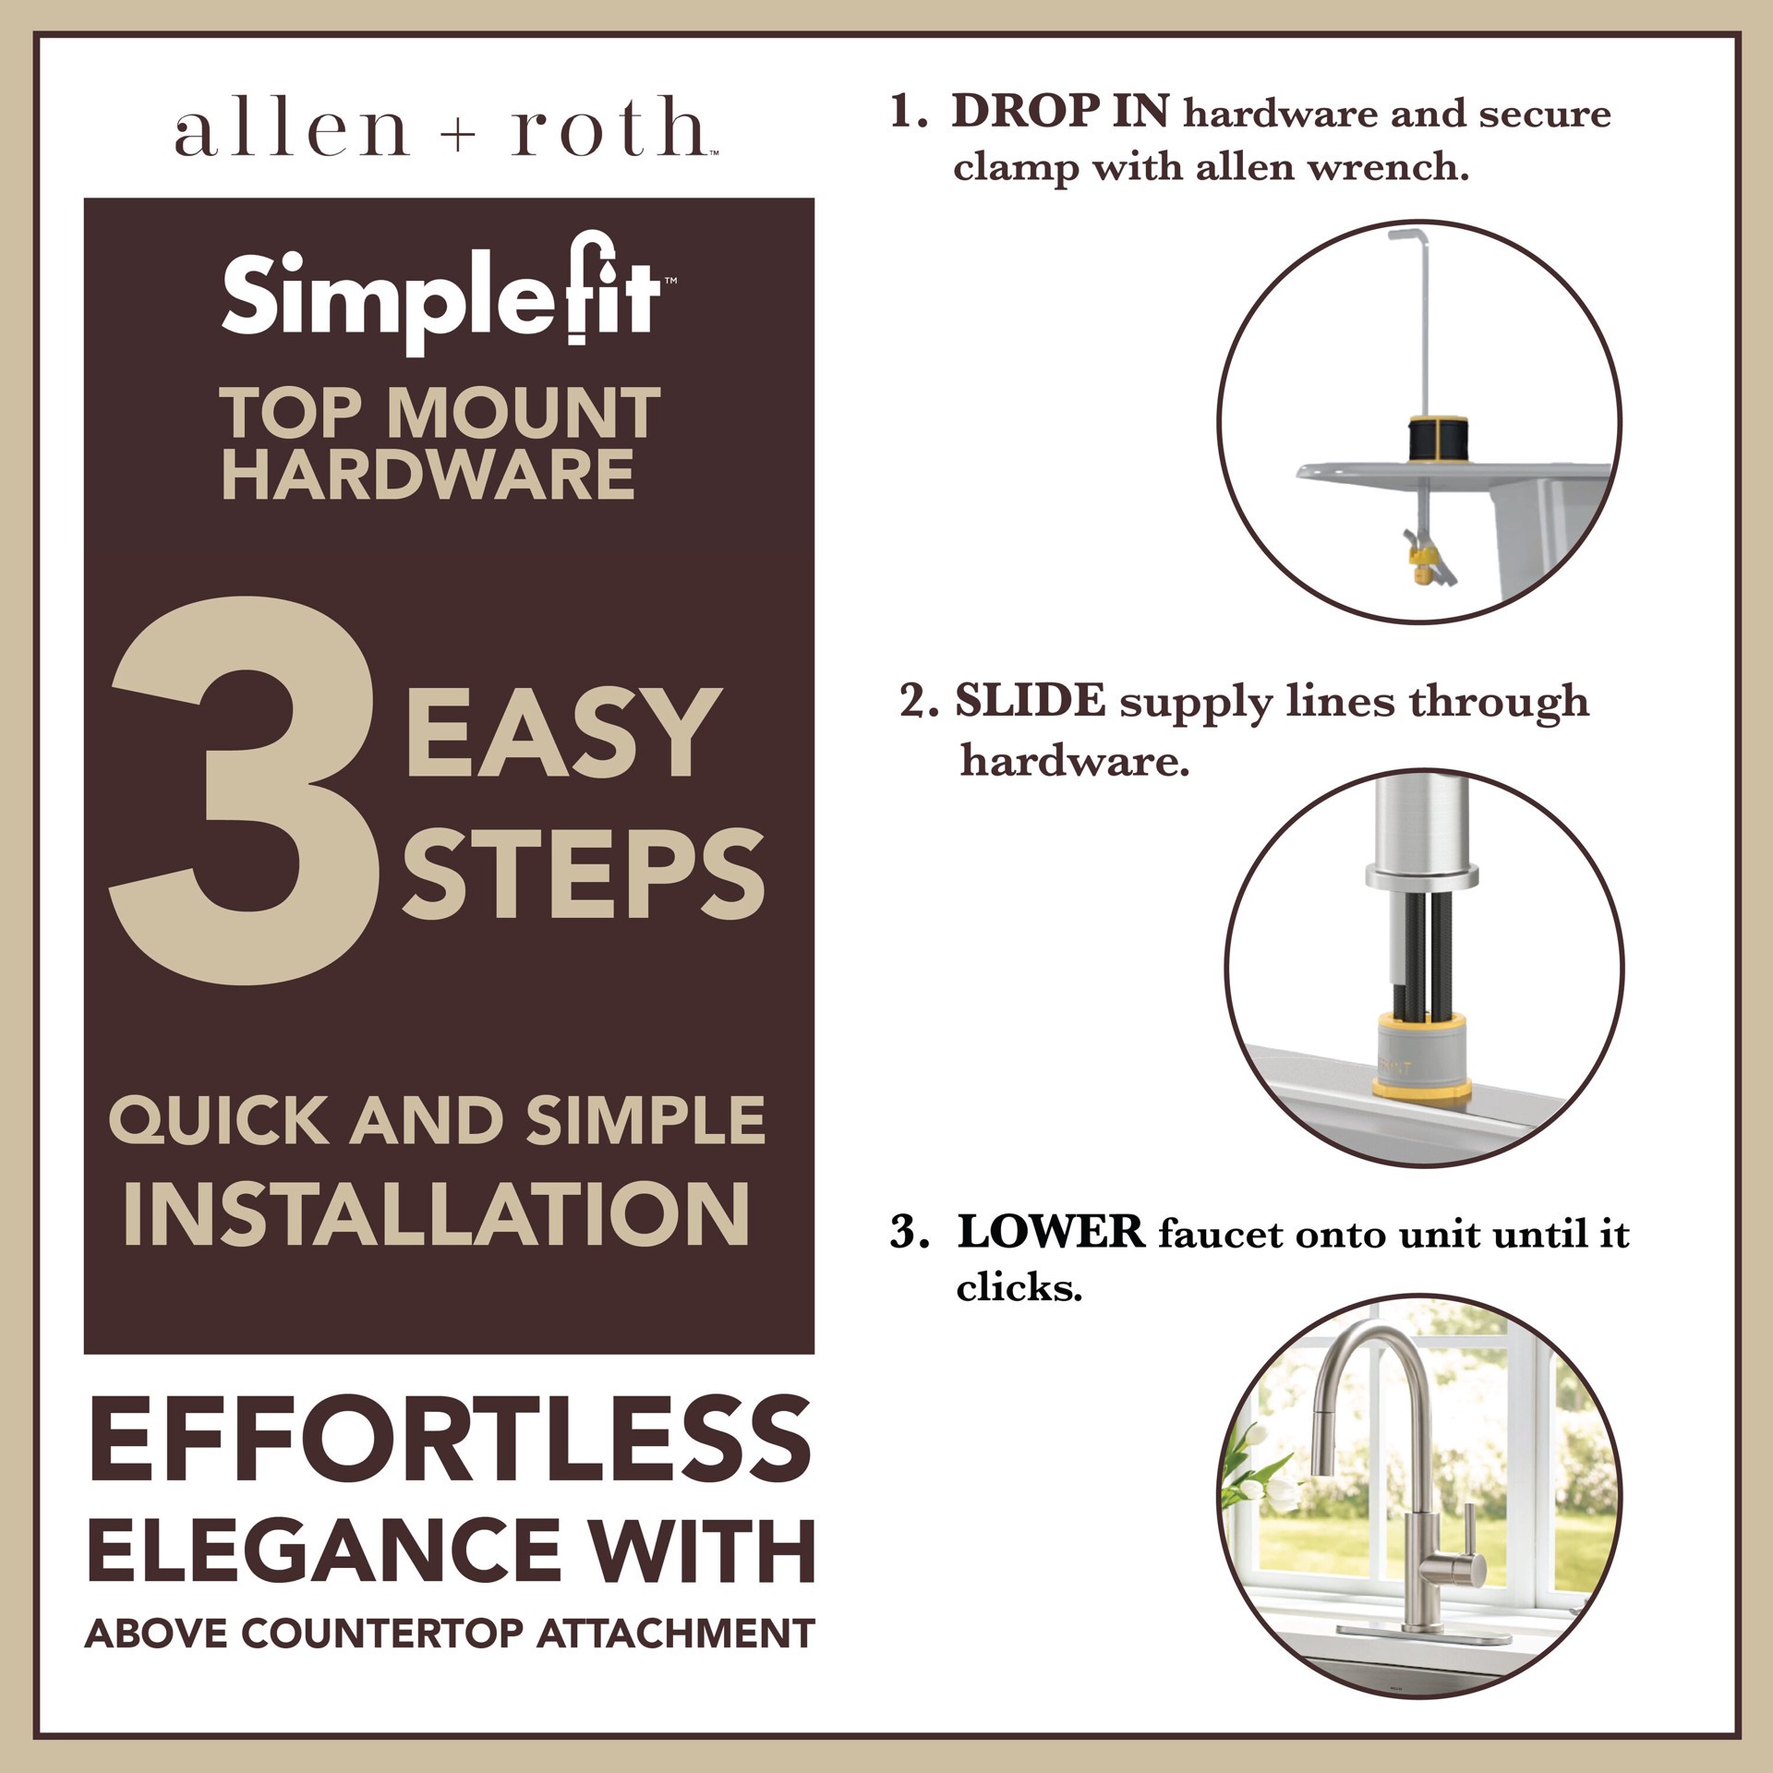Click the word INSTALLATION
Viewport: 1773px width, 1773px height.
(x=437, y=1215)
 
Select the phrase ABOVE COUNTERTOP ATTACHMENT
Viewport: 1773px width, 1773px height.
(x=450, y=1634)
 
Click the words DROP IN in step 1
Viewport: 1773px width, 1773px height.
(x=1060, y=113)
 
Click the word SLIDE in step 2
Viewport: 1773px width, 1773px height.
(x=1030, y=701)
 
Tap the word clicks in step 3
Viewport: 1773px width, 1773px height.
(x=1019, y=1287)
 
